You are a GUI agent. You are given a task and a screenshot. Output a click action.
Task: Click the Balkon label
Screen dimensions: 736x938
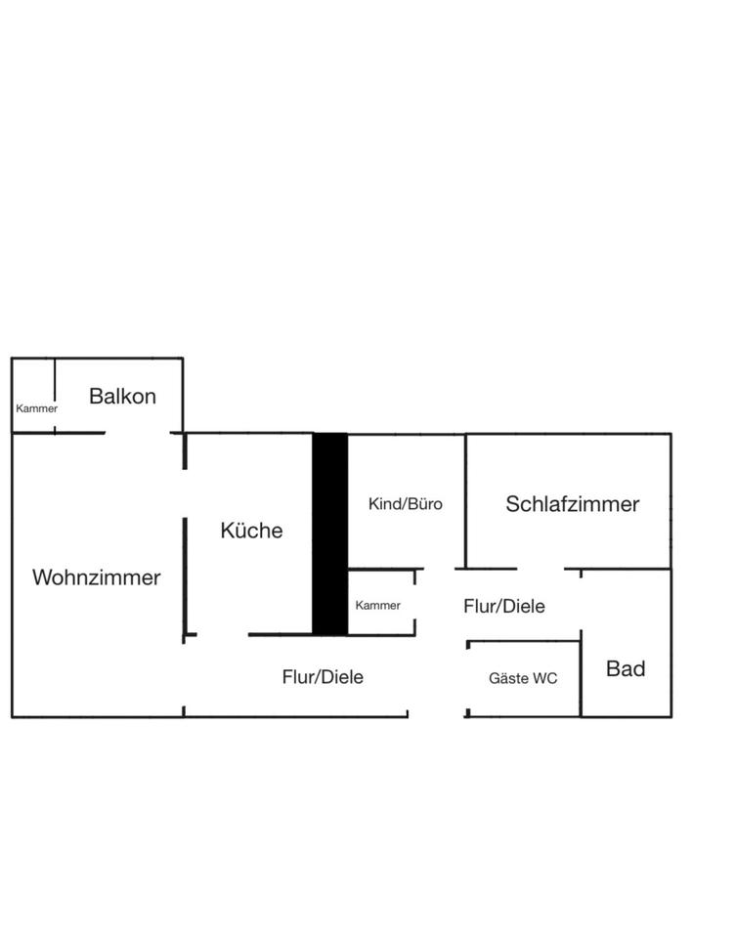tap(122, 396)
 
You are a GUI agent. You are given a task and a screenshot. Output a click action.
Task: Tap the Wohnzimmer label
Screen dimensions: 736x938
tap(96, 577)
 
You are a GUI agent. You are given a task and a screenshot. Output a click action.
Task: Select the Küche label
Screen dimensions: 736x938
tap(251, 531)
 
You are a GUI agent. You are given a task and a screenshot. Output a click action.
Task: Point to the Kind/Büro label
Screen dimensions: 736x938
tap(405, 504)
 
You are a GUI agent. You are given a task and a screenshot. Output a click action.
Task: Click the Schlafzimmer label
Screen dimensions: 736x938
tap(572, 504)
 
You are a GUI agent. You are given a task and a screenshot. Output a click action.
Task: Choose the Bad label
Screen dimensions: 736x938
tap(626, 669)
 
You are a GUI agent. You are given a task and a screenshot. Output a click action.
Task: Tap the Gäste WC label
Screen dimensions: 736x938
tap(523, 678)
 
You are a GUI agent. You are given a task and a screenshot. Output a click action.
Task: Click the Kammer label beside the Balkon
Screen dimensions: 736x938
tap(36, 408)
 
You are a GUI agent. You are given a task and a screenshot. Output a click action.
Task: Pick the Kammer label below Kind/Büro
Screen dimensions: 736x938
tap(377, 606)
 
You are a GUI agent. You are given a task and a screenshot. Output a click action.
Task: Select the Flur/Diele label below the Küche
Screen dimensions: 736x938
tap(323, 676)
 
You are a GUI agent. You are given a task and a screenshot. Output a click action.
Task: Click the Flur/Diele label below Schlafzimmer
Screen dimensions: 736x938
tap(503, 606)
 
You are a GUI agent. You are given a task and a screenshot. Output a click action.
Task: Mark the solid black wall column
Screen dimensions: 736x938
tap(329, 533)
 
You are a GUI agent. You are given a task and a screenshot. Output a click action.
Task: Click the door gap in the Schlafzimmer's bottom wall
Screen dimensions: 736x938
tap(541, 569)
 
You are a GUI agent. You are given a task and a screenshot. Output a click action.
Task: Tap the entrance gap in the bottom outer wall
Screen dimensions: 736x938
tap(436, 716)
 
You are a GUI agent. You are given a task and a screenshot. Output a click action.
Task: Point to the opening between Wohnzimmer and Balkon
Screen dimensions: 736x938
tap(138, 432)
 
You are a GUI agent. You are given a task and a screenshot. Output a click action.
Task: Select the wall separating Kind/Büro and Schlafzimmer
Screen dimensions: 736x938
tap(465, 500)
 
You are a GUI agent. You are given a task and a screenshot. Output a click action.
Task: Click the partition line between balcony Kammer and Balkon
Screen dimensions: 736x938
tap(55, 395)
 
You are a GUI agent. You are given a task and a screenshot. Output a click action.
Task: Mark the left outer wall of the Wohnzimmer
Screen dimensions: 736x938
tap(12, 576)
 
